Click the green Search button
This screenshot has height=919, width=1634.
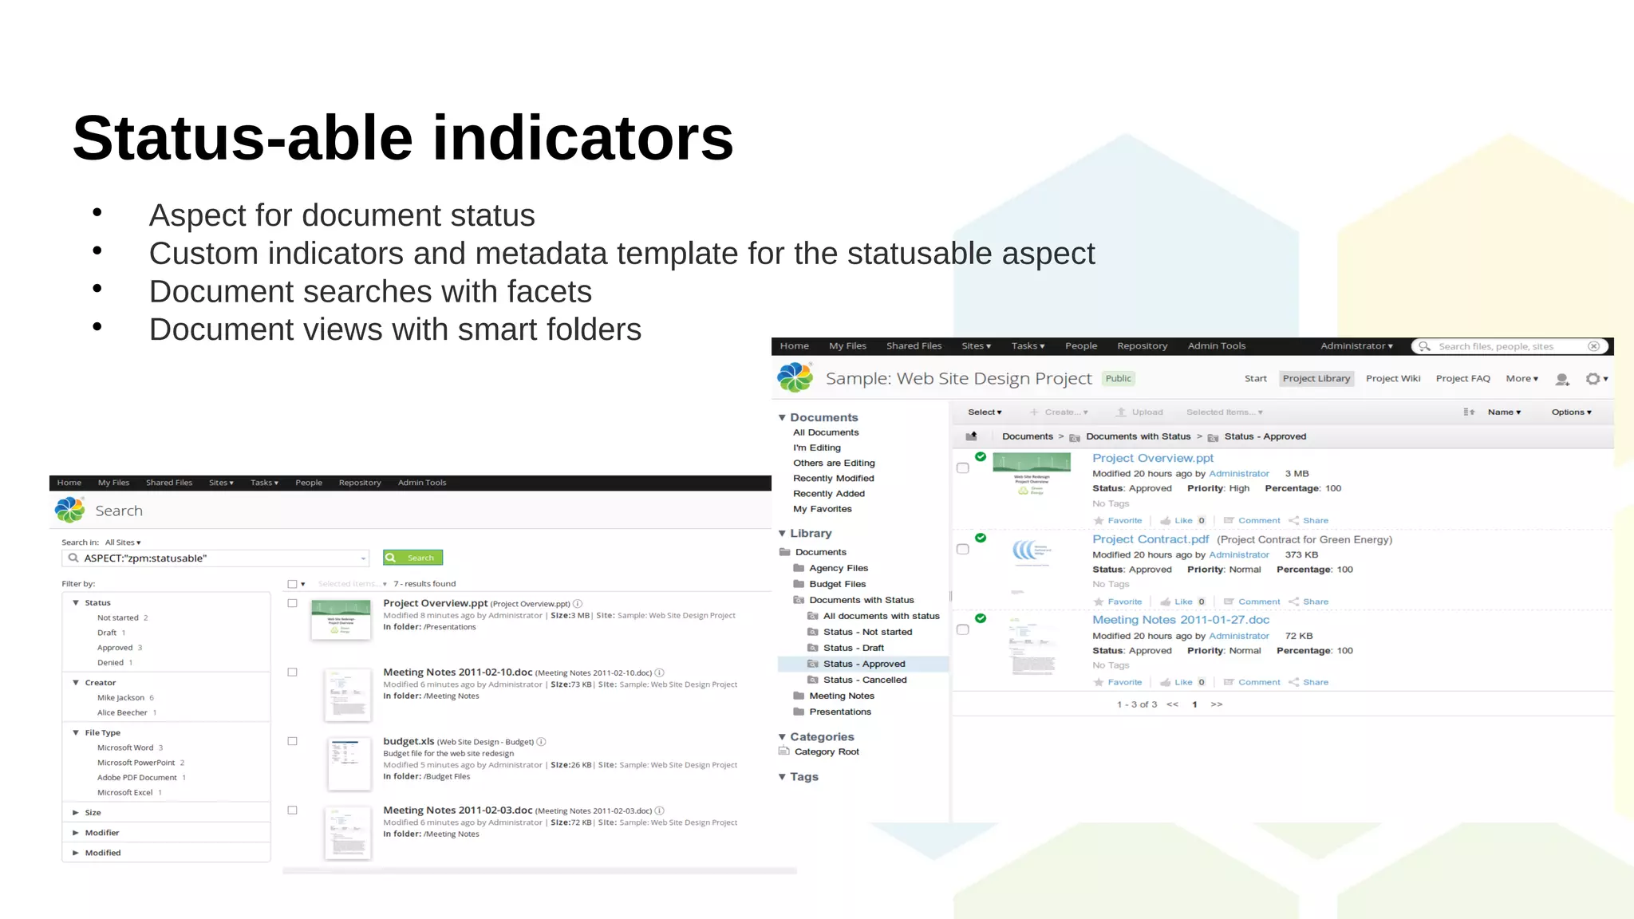[x=412, y=558]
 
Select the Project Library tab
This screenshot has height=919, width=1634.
[x=1316, y=379]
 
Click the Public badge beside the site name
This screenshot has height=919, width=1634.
[x=1118, y=379]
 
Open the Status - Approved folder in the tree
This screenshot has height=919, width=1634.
[x=863, y=664]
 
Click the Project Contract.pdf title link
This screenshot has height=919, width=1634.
[x=1150, y=539]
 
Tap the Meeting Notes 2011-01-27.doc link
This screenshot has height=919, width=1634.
[x=1180, y=620]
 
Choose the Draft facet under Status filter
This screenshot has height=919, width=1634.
[x=107, y=633]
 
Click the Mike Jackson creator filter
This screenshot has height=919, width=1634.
[x=120, y=698]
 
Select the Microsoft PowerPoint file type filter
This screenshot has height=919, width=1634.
[x=136, y=763]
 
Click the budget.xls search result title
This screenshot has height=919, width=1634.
[x=408, y=741]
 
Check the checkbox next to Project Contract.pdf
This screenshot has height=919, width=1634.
[x=963, y=550]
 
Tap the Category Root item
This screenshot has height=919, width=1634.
[x=826, y=751]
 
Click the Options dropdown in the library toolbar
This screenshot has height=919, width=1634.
[x=1571, y=412]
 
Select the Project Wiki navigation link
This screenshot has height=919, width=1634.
[x=1392, y=379]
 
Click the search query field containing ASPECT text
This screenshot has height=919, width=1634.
[x=215, y=558]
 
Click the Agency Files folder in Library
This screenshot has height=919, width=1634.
[x=838, y=568]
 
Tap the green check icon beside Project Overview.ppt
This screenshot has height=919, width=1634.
[x=981, y=457]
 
